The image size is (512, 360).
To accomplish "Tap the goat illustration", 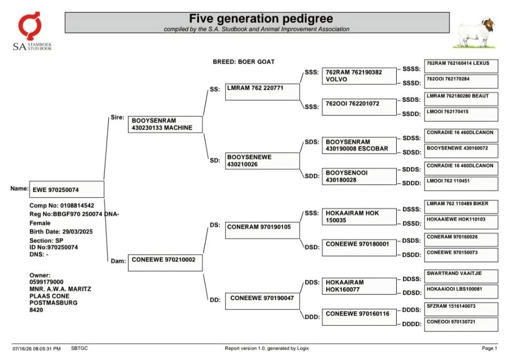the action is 475,33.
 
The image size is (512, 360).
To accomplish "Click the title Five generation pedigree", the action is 261,18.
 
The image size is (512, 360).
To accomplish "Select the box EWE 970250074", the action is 67,189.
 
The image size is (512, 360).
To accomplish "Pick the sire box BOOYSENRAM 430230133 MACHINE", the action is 165,124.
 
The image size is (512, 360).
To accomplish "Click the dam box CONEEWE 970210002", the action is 165,263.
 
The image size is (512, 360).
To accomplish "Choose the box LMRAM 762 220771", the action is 262,92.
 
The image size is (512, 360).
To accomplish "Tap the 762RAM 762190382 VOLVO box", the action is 359,76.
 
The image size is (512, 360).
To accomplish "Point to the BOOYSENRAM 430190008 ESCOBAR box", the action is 359,145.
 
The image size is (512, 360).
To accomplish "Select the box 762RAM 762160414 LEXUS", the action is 461,66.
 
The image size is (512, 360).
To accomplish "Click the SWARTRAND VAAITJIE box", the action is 461,277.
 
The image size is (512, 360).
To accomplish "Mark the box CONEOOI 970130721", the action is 461,325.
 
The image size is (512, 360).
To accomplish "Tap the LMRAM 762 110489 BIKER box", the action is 461,207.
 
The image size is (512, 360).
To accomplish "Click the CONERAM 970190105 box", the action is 262,230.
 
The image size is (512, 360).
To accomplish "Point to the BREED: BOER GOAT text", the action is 244,62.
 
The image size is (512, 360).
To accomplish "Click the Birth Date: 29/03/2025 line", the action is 61,231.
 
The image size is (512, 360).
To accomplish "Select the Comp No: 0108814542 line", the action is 62,205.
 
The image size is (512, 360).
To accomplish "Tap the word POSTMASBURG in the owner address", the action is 54,303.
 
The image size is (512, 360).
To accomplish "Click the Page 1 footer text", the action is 489,348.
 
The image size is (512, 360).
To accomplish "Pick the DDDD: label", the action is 412,324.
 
